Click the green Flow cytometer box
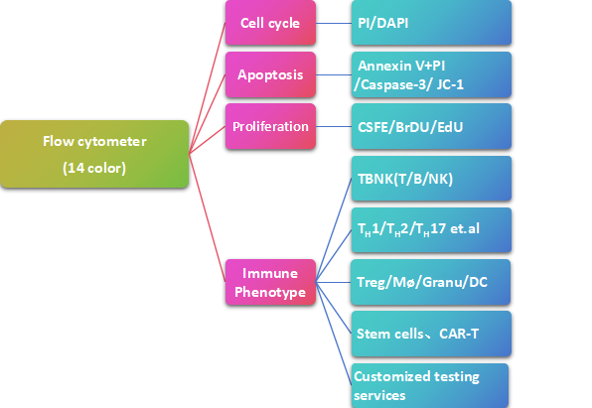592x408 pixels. [x=94, y=154]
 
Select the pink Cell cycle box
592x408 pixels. [x=270, y=23]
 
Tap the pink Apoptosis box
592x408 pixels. [x=270, y=74]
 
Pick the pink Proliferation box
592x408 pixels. [x=270, y=126]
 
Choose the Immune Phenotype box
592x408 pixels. [x=270, y=282]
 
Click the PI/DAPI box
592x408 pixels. [x=431, y=23]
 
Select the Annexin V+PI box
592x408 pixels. [x=431, y=74]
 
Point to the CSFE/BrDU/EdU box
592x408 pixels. [x=431, y=126]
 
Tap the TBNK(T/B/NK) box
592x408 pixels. [x=431, y=178]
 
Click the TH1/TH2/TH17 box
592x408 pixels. [x=431, y=230]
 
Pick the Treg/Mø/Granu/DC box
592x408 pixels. [x=430, y=282]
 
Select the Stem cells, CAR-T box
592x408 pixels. [x=431, y=334]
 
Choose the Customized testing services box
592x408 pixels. [x=430, y=385]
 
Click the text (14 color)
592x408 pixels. [x=94, y=168]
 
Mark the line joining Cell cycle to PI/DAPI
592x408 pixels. [x=334, y=23]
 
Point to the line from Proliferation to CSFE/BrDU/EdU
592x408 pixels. [x=334, y=126]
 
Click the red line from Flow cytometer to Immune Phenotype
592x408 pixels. [x=208, y=217]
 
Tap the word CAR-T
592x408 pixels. [x=459, y=334]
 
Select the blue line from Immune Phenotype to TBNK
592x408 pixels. [x=334, y=230]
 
